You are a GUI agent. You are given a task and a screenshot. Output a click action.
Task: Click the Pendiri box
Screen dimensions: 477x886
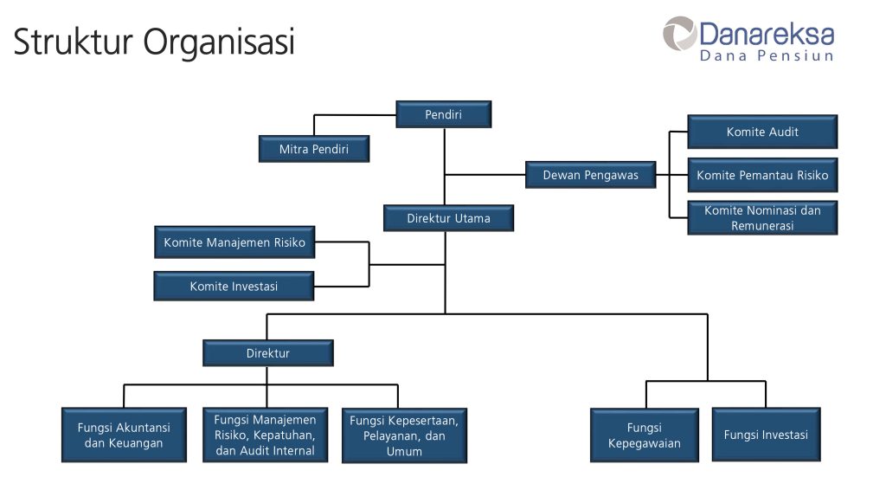pos(444,114)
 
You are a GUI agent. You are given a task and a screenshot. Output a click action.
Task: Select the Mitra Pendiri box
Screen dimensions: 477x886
pos(314,149)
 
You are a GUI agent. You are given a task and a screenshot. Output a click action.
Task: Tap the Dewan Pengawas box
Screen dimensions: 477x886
pos(591,175)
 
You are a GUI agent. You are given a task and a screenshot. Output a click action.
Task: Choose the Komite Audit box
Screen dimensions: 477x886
pos(762,132)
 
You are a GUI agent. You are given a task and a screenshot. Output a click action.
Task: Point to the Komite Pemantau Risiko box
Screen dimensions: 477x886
pos(762,175)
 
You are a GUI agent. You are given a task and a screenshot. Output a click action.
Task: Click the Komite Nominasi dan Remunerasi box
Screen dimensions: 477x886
pos(762,217)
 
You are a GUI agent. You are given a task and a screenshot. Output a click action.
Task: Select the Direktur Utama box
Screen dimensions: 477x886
pos(448,218)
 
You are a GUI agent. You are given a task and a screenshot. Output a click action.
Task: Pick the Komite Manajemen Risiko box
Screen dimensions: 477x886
pos(234,242)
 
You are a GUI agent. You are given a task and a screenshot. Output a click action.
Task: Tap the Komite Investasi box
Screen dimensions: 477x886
pos(234,286)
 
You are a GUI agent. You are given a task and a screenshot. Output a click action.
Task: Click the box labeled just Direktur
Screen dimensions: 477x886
pos(268,353)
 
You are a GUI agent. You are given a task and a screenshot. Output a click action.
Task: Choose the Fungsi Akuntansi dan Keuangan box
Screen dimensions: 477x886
pos(124,435)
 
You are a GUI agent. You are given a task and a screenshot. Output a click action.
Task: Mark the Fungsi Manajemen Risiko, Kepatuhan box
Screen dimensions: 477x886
pos(265,435)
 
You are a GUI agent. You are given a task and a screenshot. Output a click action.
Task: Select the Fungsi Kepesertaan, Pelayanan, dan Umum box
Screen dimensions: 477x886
pos(404,435)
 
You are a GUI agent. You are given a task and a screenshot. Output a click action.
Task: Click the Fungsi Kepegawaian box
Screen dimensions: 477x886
pos(645,435)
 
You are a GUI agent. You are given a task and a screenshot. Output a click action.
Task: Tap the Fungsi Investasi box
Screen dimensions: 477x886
pos(766,435)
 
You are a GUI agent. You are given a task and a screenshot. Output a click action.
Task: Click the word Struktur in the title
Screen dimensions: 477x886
pos(73,42)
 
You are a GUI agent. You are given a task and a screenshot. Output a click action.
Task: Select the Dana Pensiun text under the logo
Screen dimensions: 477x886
pos(767,56)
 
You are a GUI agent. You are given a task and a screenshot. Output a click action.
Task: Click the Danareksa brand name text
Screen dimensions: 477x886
pos(767,35)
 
